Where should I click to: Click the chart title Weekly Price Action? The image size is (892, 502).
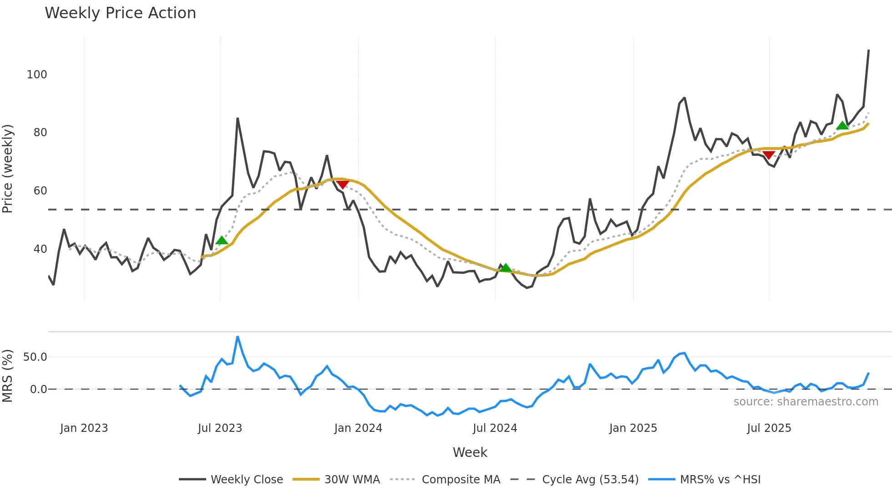tap(120, 13)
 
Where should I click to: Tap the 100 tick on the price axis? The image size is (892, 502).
tap(37, 75)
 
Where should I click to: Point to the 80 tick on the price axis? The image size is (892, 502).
tap(40, 133)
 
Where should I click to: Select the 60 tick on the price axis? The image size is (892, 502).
tap(40, 191)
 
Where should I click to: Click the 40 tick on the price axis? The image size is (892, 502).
tap(40, 249)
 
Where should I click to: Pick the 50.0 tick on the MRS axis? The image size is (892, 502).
tap(35, 357)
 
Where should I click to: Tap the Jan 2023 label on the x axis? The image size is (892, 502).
tap(84, 428)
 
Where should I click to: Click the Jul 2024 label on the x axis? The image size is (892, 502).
tap(495, 428)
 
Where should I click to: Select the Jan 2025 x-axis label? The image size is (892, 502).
tap(633, 428)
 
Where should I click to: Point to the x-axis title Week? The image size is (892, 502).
tap(470, 452)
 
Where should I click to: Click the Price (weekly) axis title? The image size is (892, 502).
tap(8, 169)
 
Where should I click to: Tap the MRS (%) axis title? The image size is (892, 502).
tap(8, 376)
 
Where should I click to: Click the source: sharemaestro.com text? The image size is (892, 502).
tap(806, 402)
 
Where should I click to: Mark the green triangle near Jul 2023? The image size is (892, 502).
tap(222, 241)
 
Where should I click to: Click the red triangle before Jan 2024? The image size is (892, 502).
tap(343, 184)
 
